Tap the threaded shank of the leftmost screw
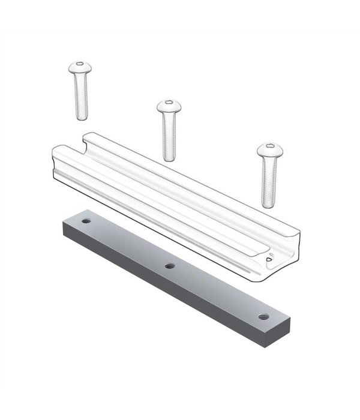click(x=81, y=96)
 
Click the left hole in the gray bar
click(x=86, y=221)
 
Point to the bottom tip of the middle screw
click(x=169, y=159)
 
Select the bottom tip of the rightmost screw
click(x=268, y=205)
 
